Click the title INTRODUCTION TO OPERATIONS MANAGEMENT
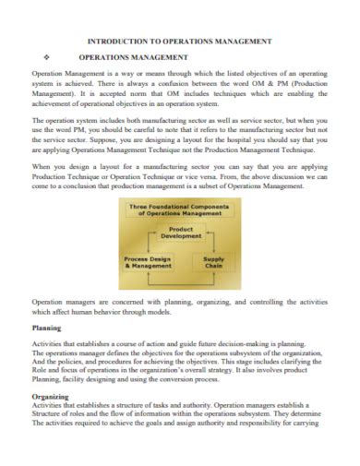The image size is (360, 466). point(179,42)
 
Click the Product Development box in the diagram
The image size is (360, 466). point(181,233)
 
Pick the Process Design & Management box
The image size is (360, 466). point(148,262)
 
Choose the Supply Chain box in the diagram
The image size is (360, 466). point(213,262)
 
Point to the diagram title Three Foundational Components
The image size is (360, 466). point(180,209)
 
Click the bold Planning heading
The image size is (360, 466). point(47,328)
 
